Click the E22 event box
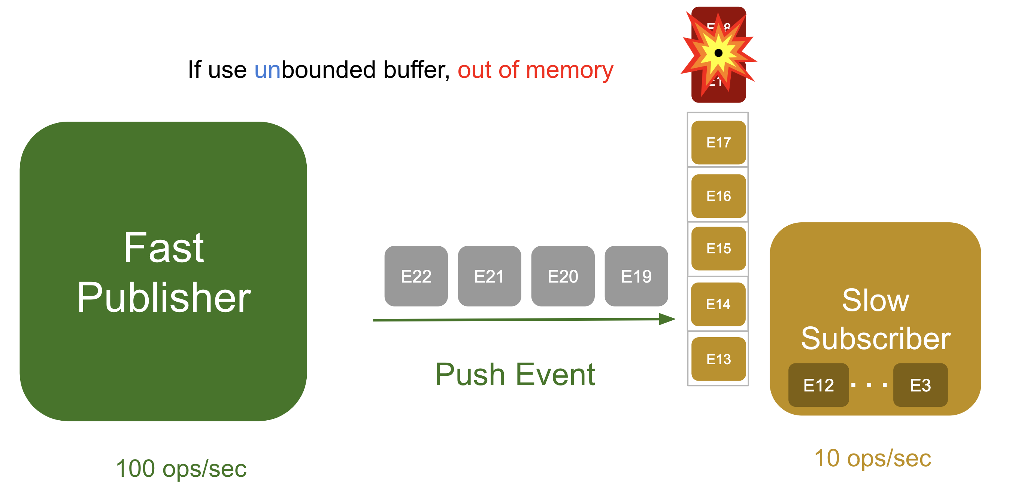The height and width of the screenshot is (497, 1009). pyautogui.click(x=416, y=276)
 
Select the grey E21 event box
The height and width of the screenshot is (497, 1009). pyautogui.click(x=489, y=276)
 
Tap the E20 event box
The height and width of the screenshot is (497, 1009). pyautogui.click(x=563, y=276)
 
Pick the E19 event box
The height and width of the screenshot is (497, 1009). pyautogui.click(x=636, y=276)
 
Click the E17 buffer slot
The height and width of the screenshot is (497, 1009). pyautogui.click(x=718, y=143)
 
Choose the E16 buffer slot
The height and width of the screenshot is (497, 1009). pyautogui.click(x=718, y=196)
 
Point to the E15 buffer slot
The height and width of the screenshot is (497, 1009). pyautogui.click(x=718, y=248)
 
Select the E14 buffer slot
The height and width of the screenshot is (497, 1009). pyautogui.click(x=718, y=304)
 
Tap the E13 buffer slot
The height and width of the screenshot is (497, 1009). pyautogui.click(x=718, y=359)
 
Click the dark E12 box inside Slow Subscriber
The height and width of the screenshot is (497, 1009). pyautogui.click(x=818, y=385)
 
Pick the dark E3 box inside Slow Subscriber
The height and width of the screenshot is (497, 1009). pyautogui.click(x=920, y=385)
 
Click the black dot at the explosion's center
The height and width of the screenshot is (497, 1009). pyautogui.click(x=718, y=53)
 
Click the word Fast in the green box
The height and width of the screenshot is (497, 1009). pyautogui.click(x=164, y=248)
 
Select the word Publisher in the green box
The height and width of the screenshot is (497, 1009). pyautogui.click(x=164, y=298)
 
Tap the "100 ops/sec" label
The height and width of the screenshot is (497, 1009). pyautogui.click(x=181, y=469)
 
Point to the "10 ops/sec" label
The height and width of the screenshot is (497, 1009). pyautogui.click(x=872, y=458)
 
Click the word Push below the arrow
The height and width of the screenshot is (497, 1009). pyautogui.click(x=470, y=375)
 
